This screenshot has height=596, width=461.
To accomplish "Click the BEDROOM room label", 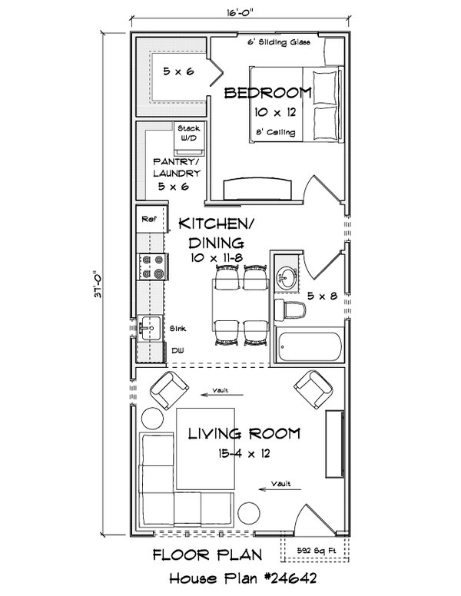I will click(267, 94).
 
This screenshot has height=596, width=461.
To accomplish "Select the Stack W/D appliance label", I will click(188, 133).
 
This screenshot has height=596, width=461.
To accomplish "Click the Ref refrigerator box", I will click(148, 220).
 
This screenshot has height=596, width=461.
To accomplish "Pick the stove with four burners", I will click(151, 266).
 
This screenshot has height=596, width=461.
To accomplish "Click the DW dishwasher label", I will click(177, 350).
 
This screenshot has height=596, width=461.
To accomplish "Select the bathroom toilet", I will click(291, 310).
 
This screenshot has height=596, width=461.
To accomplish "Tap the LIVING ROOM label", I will click(244, 435).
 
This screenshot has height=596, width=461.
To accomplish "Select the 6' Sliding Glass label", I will click(278, 42).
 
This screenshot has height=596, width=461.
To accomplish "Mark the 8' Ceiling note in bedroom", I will click(275, 132).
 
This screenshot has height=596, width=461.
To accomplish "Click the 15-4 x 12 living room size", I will click(244, 454).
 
